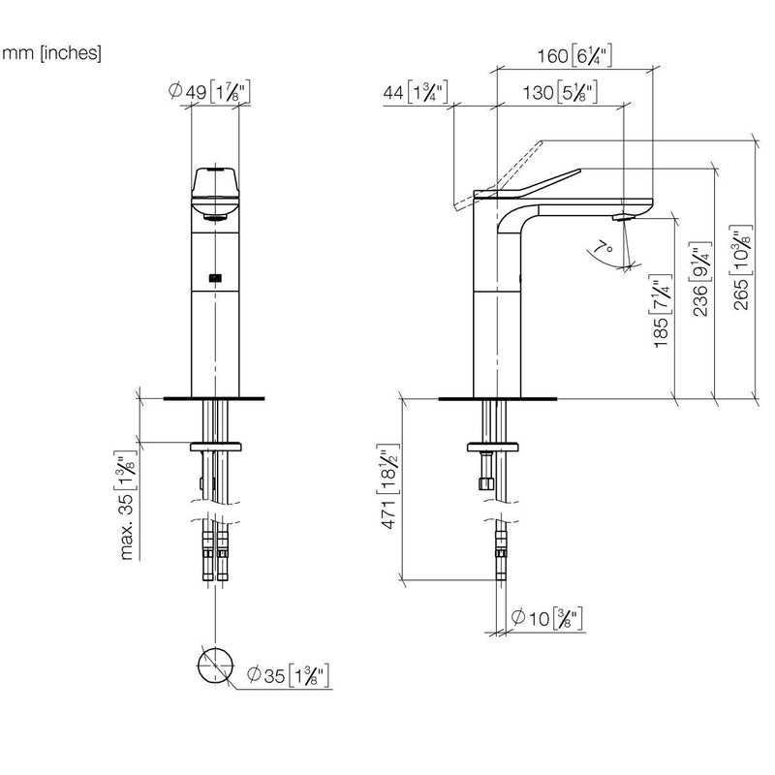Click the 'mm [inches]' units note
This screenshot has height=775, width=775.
coord(52,52)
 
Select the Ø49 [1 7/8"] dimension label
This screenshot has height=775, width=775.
coord(209,91)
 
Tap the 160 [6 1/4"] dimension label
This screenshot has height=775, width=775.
coord(574,55)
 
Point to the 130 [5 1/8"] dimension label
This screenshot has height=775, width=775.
coord(560,92)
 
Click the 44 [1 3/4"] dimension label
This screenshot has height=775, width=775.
coord(416,92)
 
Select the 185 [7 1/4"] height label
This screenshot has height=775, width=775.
coord(661,311)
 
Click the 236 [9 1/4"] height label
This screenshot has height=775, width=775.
coord(699,279)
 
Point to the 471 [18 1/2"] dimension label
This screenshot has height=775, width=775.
coord(388,486)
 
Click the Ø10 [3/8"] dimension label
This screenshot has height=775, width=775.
coord(546,618)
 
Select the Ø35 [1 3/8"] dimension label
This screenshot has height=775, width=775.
coord(288,675)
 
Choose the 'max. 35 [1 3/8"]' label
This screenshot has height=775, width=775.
coord(126,505)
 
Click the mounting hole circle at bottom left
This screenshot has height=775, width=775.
coord(215,666)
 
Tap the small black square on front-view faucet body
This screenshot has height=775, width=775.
coord(215,278)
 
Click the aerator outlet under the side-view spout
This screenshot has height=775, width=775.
coord(622,216)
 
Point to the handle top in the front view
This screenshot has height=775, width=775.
coord(215,181)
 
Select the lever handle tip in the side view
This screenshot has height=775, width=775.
coord(579,171)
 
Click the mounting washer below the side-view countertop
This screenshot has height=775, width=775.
coord(493,448)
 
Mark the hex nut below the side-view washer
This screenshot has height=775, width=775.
coord(487,482)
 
